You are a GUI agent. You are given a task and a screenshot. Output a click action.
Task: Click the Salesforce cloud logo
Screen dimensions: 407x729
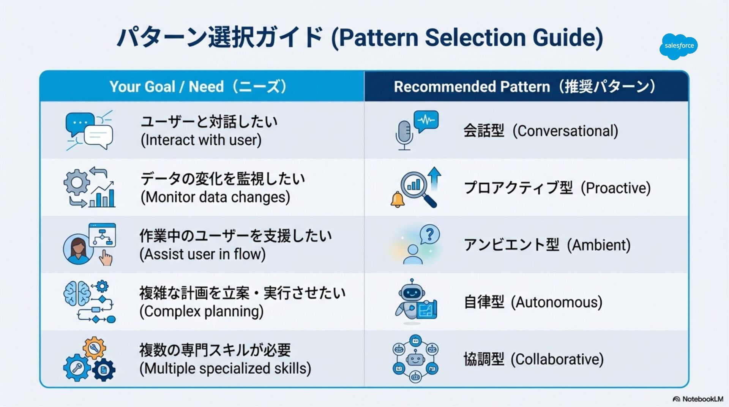[x=679, y=46]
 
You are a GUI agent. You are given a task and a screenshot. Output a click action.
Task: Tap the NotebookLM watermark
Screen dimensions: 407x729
[x=698, y=399]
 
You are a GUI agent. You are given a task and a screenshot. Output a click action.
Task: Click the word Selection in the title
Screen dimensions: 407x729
[x=475, y=38]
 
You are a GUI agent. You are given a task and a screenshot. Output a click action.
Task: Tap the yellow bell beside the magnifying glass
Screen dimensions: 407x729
[x=398, y=199]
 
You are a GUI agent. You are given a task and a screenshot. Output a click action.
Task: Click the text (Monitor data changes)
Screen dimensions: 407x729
[x=215, y=197]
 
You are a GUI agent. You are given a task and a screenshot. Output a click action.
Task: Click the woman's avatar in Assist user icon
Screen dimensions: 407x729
[x=78, y=249]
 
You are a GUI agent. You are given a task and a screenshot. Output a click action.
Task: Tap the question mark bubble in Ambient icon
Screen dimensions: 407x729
[x=430, y=235]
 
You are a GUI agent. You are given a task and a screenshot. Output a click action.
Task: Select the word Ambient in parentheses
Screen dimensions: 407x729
[x=599, y=245]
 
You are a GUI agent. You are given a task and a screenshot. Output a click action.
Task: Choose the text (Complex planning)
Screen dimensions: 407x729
[x=202, y=312]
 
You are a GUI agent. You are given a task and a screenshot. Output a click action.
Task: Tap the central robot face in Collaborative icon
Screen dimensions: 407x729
[x=415, y=359]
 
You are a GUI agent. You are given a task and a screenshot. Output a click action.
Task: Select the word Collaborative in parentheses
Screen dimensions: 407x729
[x=557, y=360]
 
